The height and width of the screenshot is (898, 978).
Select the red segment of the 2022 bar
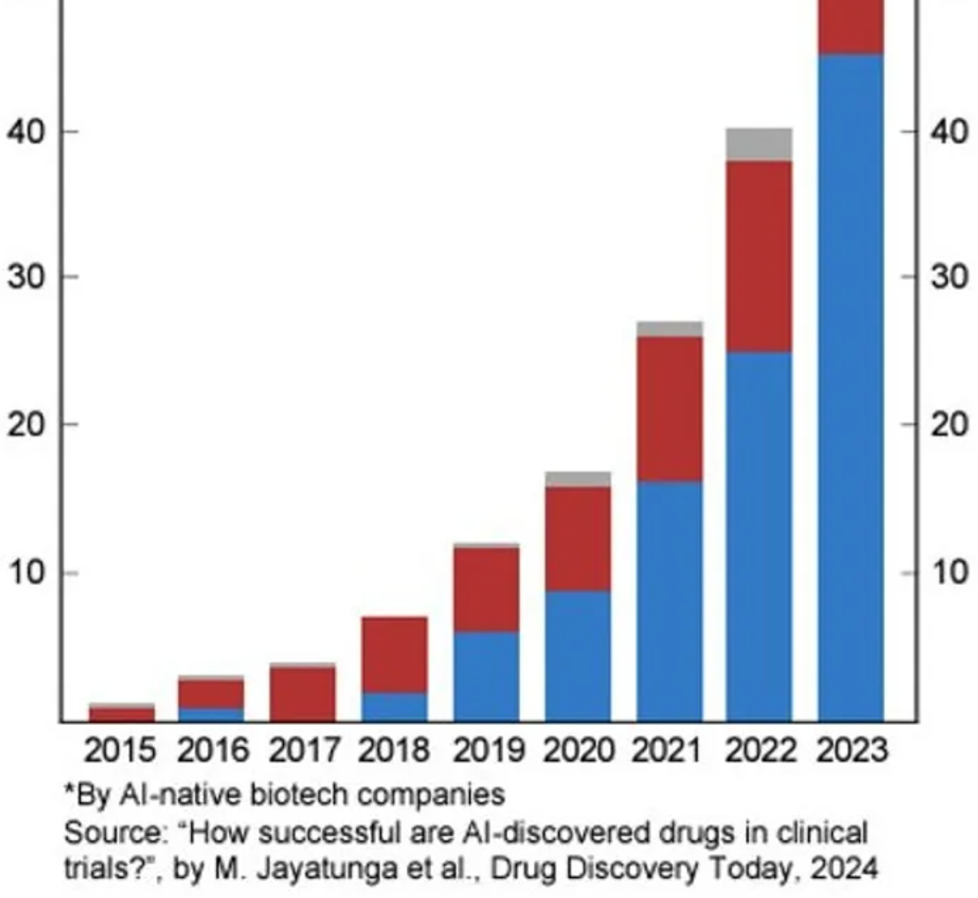[x=759, y=256]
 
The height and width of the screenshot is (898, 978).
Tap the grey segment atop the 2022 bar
[x=759, y=144]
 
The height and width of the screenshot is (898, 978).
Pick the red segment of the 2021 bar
[x=669, y=409]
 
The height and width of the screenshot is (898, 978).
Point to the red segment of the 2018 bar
[x=395, y=654]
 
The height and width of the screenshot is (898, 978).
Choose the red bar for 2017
[x=303, y=694]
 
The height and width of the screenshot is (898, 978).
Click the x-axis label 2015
[x=120, y=751]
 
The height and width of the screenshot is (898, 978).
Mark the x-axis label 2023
[x=852, y=751]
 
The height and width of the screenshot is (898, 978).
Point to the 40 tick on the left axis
[x=26, y=131]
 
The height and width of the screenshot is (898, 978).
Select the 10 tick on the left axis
[x=26, y=573]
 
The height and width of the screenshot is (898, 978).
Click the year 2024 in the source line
[x=844, y=867]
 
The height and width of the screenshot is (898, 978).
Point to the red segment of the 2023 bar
[x=850, y=26]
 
